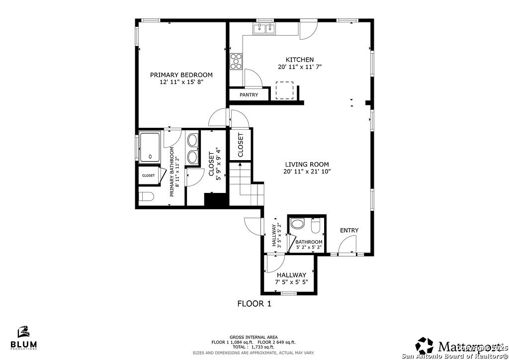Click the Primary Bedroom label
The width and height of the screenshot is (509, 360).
click(x=181, y=75)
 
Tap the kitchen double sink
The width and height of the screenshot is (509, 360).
click(x=264, y=29)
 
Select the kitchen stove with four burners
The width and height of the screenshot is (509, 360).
click(x=236, y=61)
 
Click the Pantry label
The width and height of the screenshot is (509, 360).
click(x=249, y=94)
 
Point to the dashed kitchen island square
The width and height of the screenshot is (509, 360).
click(x=285, y=91)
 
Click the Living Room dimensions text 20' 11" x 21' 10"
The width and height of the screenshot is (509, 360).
click(x=307, y=172)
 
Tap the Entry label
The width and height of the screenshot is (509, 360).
click(x=349, y=230)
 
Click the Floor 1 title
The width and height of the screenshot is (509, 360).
click(x=254, y=304)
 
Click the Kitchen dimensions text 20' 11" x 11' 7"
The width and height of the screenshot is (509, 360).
click(x=303, y=67)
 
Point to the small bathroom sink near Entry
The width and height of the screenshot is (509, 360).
click(x=297, y=225)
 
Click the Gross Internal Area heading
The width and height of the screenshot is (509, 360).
click(x=254, y=337)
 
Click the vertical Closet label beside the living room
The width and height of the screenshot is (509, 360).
click(x=241, y=145)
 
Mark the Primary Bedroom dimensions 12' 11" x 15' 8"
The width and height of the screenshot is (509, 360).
click(x=181, y=82)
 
